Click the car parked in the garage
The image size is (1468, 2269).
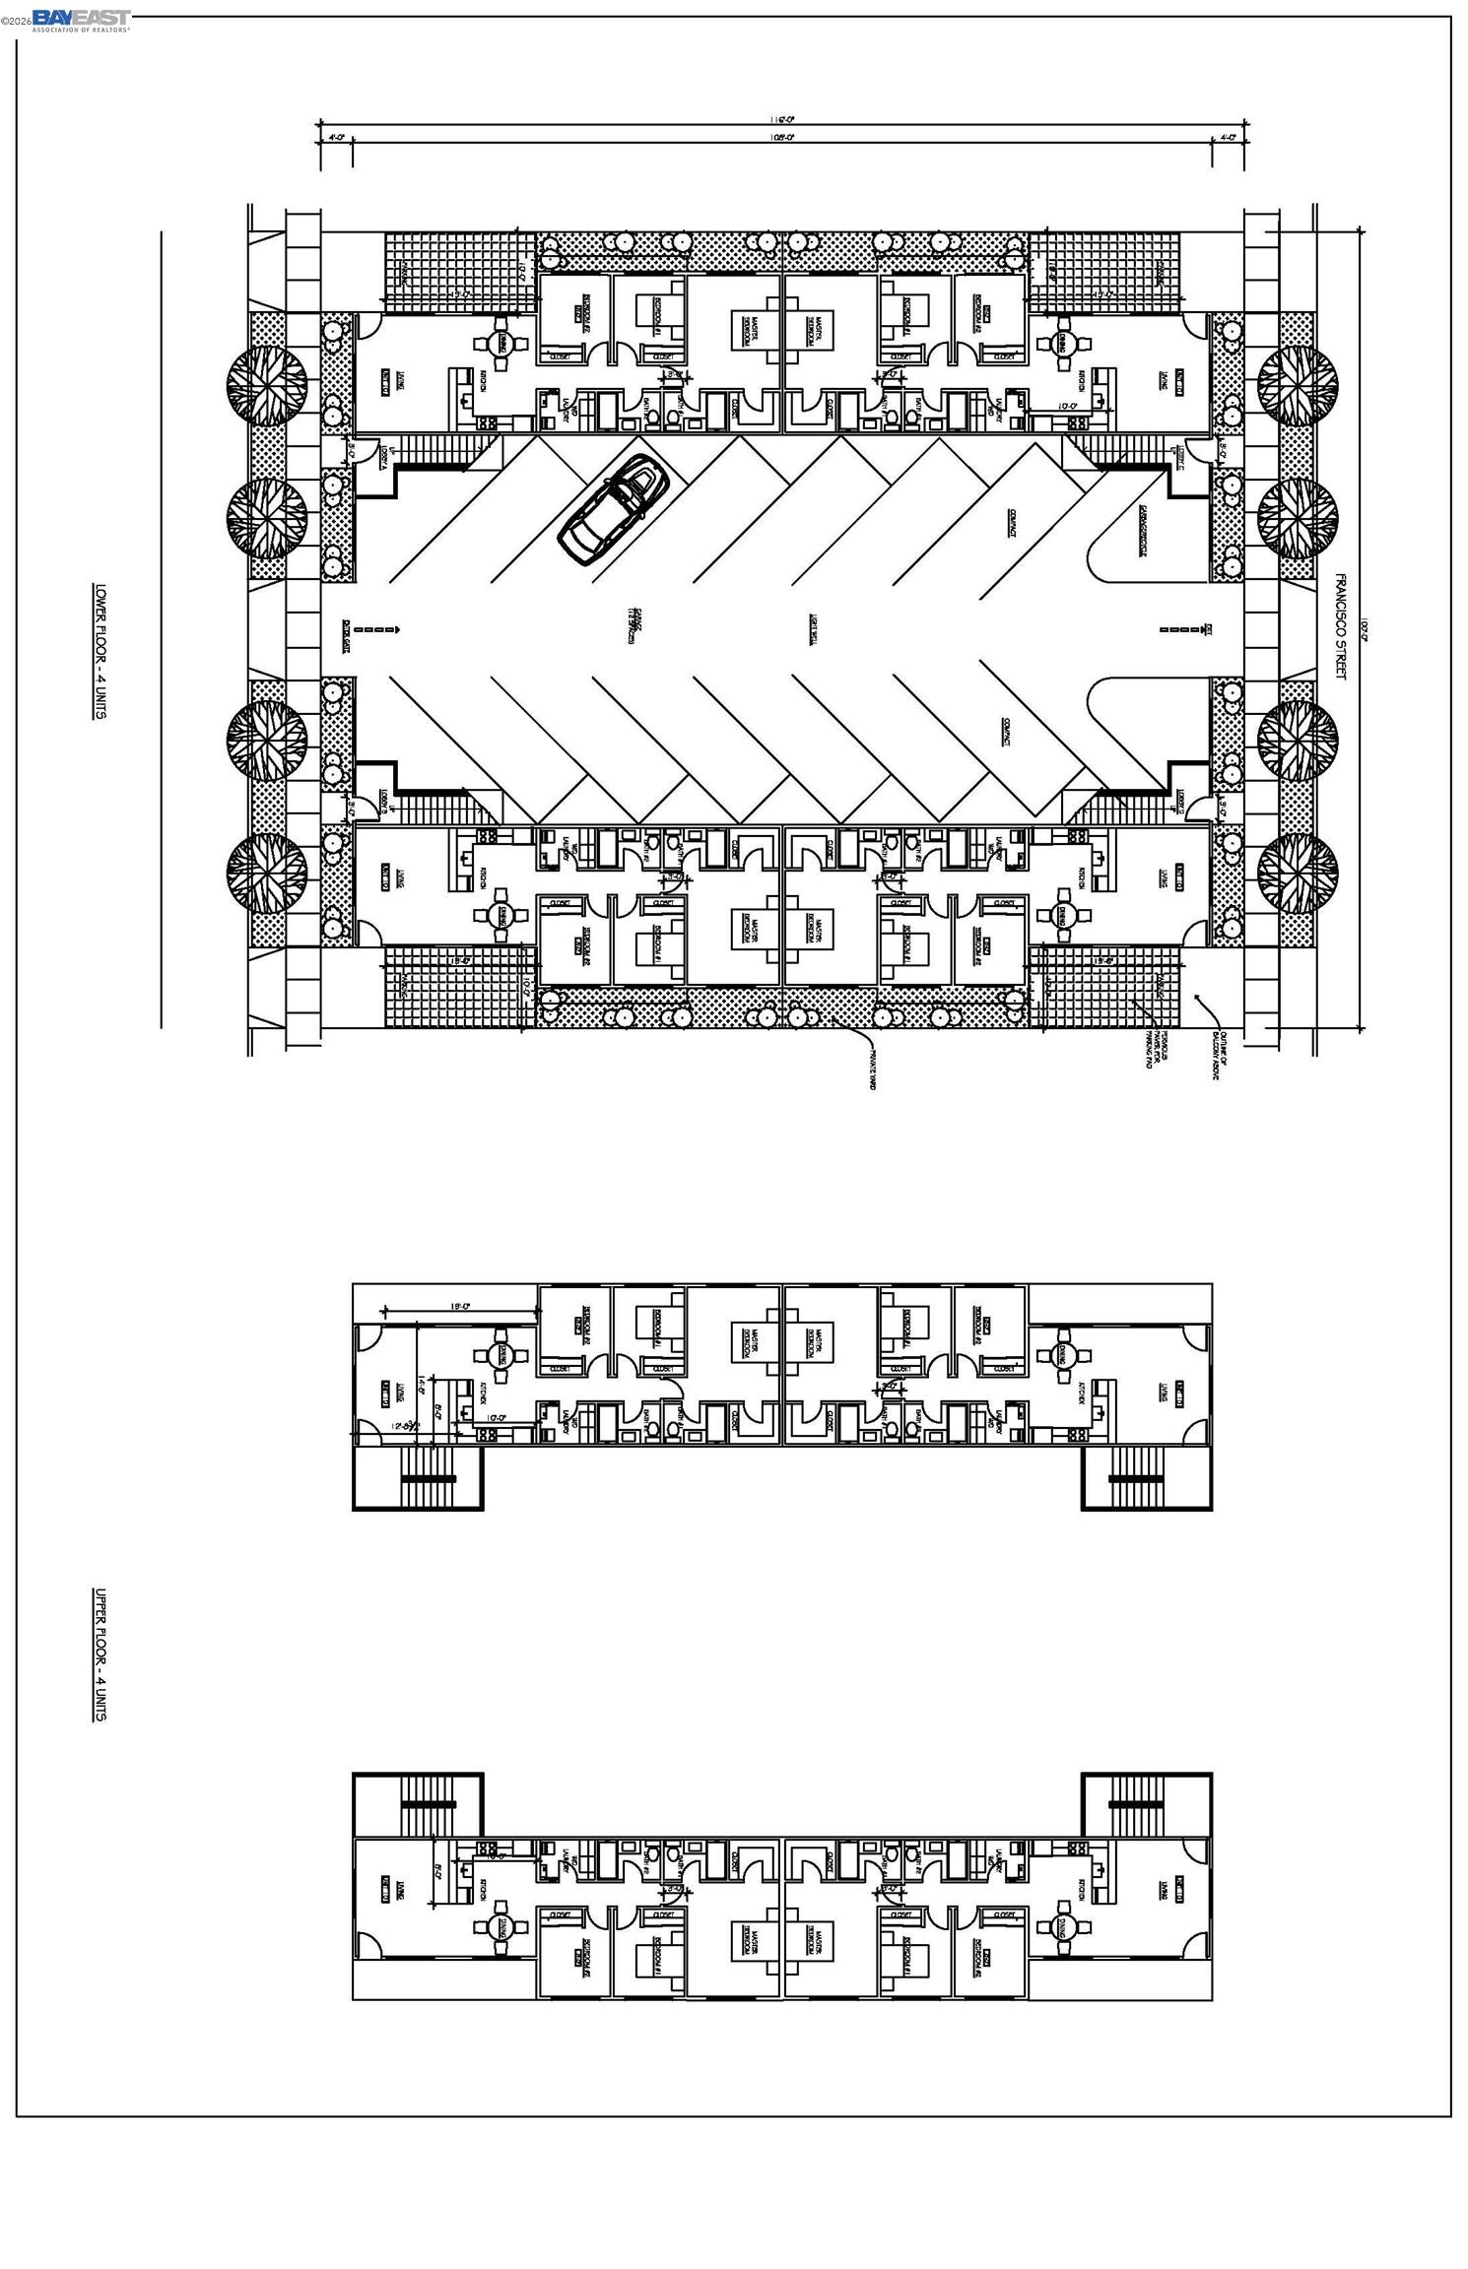[614, 509]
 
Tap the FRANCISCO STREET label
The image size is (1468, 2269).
[1340, 626]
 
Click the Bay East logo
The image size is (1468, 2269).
[81, 20]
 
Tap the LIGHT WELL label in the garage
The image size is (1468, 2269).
[815, 626]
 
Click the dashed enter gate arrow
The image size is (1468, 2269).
[375, 629]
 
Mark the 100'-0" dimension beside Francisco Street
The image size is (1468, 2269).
[1365, 626]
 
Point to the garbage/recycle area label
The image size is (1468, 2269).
[1143, 532]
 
